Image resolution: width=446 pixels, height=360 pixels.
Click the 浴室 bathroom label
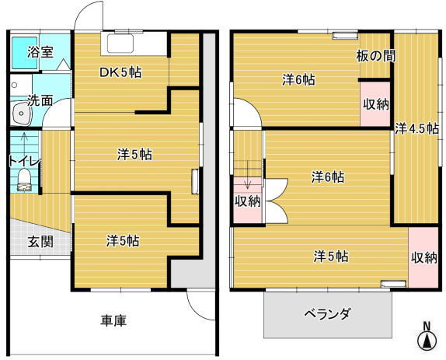point(40,53)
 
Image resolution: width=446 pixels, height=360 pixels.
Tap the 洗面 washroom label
point(40,100)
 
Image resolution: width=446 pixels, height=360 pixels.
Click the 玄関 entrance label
point(40,241)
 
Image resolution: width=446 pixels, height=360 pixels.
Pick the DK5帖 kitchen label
point(120,73)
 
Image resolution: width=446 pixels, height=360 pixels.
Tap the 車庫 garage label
point(113,320)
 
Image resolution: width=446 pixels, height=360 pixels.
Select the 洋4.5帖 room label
point(416,129)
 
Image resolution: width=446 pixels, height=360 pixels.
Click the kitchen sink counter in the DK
point(135,44)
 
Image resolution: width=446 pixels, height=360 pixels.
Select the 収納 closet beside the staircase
point(248,201)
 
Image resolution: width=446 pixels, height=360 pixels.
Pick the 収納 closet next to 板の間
point(375,104)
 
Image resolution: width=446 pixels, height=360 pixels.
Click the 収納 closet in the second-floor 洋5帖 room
point(423,257)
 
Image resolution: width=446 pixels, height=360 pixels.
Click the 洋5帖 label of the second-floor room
point(330,256)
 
